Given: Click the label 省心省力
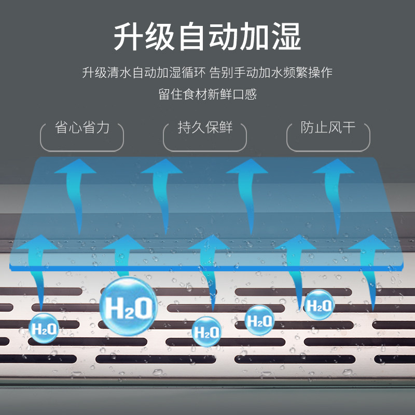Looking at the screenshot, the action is [x=82, y=128].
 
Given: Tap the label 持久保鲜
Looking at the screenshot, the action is [x=205, y=128].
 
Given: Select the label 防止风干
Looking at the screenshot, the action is [x=328, y=128].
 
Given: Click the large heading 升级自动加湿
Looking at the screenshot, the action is [x=208, y=36].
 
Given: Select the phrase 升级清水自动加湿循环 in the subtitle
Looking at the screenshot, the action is [x=144, y=73].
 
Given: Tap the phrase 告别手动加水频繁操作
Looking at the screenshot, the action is [x=271, y=73].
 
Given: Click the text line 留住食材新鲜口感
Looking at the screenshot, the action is [x=208, y=94].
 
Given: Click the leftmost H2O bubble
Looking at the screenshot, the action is [x=44, y=328].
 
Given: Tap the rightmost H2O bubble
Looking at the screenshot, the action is [x=319, y=305].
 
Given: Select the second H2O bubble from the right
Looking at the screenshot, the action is [x=259, y=320].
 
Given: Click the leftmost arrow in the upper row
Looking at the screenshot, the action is [x=76, y=192].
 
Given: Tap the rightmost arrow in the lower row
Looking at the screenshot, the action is [x=369, y=270].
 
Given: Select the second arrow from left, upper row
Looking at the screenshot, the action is [x=162, y=192].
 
